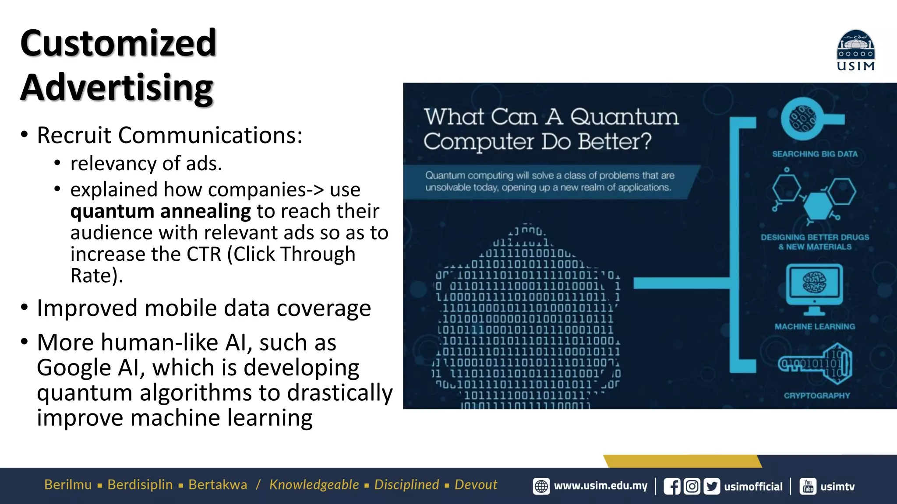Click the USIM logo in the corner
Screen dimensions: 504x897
855,50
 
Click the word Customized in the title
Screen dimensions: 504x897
118,43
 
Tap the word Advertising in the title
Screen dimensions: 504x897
117,87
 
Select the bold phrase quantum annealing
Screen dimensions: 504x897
161,211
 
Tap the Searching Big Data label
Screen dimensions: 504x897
815,154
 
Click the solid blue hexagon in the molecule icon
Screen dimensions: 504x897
818,206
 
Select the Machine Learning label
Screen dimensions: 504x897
815,326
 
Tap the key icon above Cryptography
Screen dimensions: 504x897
816,364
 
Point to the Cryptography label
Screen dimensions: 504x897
817,395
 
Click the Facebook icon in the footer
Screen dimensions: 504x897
672,486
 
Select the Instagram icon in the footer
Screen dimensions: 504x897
692,486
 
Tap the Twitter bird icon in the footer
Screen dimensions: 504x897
712,486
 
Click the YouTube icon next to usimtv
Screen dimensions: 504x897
808,486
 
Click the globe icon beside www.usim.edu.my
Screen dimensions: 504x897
541,486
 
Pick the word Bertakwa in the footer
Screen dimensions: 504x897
218,485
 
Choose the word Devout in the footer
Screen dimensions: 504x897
476,485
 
